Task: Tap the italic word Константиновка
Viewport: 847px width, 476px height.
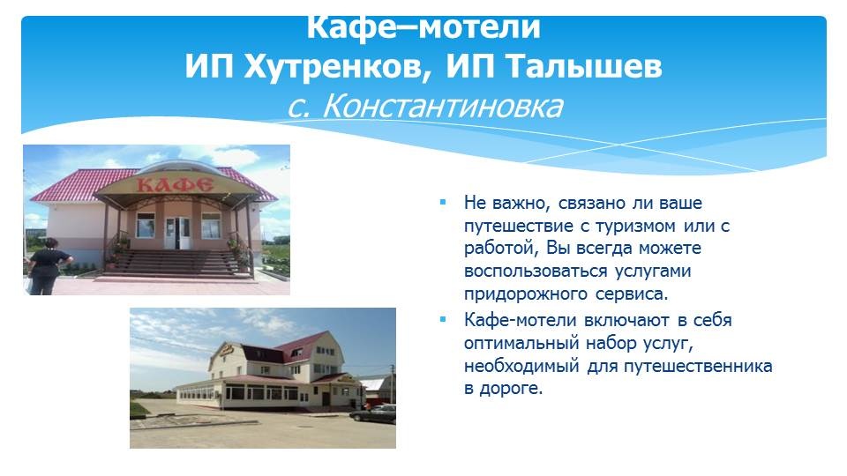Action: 442,106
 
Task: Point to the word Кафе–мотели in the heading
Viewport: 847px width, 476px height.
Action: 423,28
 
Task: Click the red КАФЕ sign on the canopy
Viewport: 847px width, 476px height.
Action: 175,185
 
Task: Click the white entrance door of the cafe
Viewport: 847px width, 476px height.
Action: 177,233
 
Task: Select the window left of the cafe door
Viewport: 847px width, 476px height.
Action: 146,226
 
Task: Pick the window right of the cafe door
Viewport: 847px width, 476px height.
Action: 211,226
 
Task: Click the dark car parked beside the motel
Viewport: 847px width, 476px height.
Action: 373,414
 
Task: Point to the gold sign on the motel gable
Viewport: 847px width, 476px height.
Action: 227,352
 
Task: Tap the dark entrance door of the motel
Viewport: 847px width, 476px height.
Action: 326,398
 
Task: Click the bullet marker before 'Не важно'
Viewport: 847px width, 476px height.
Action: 443,203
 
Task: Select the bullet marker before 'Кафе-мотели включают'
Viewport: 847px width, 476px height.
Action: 443,319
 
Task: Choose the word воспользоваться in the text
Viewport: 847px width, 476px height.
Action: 536,271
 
